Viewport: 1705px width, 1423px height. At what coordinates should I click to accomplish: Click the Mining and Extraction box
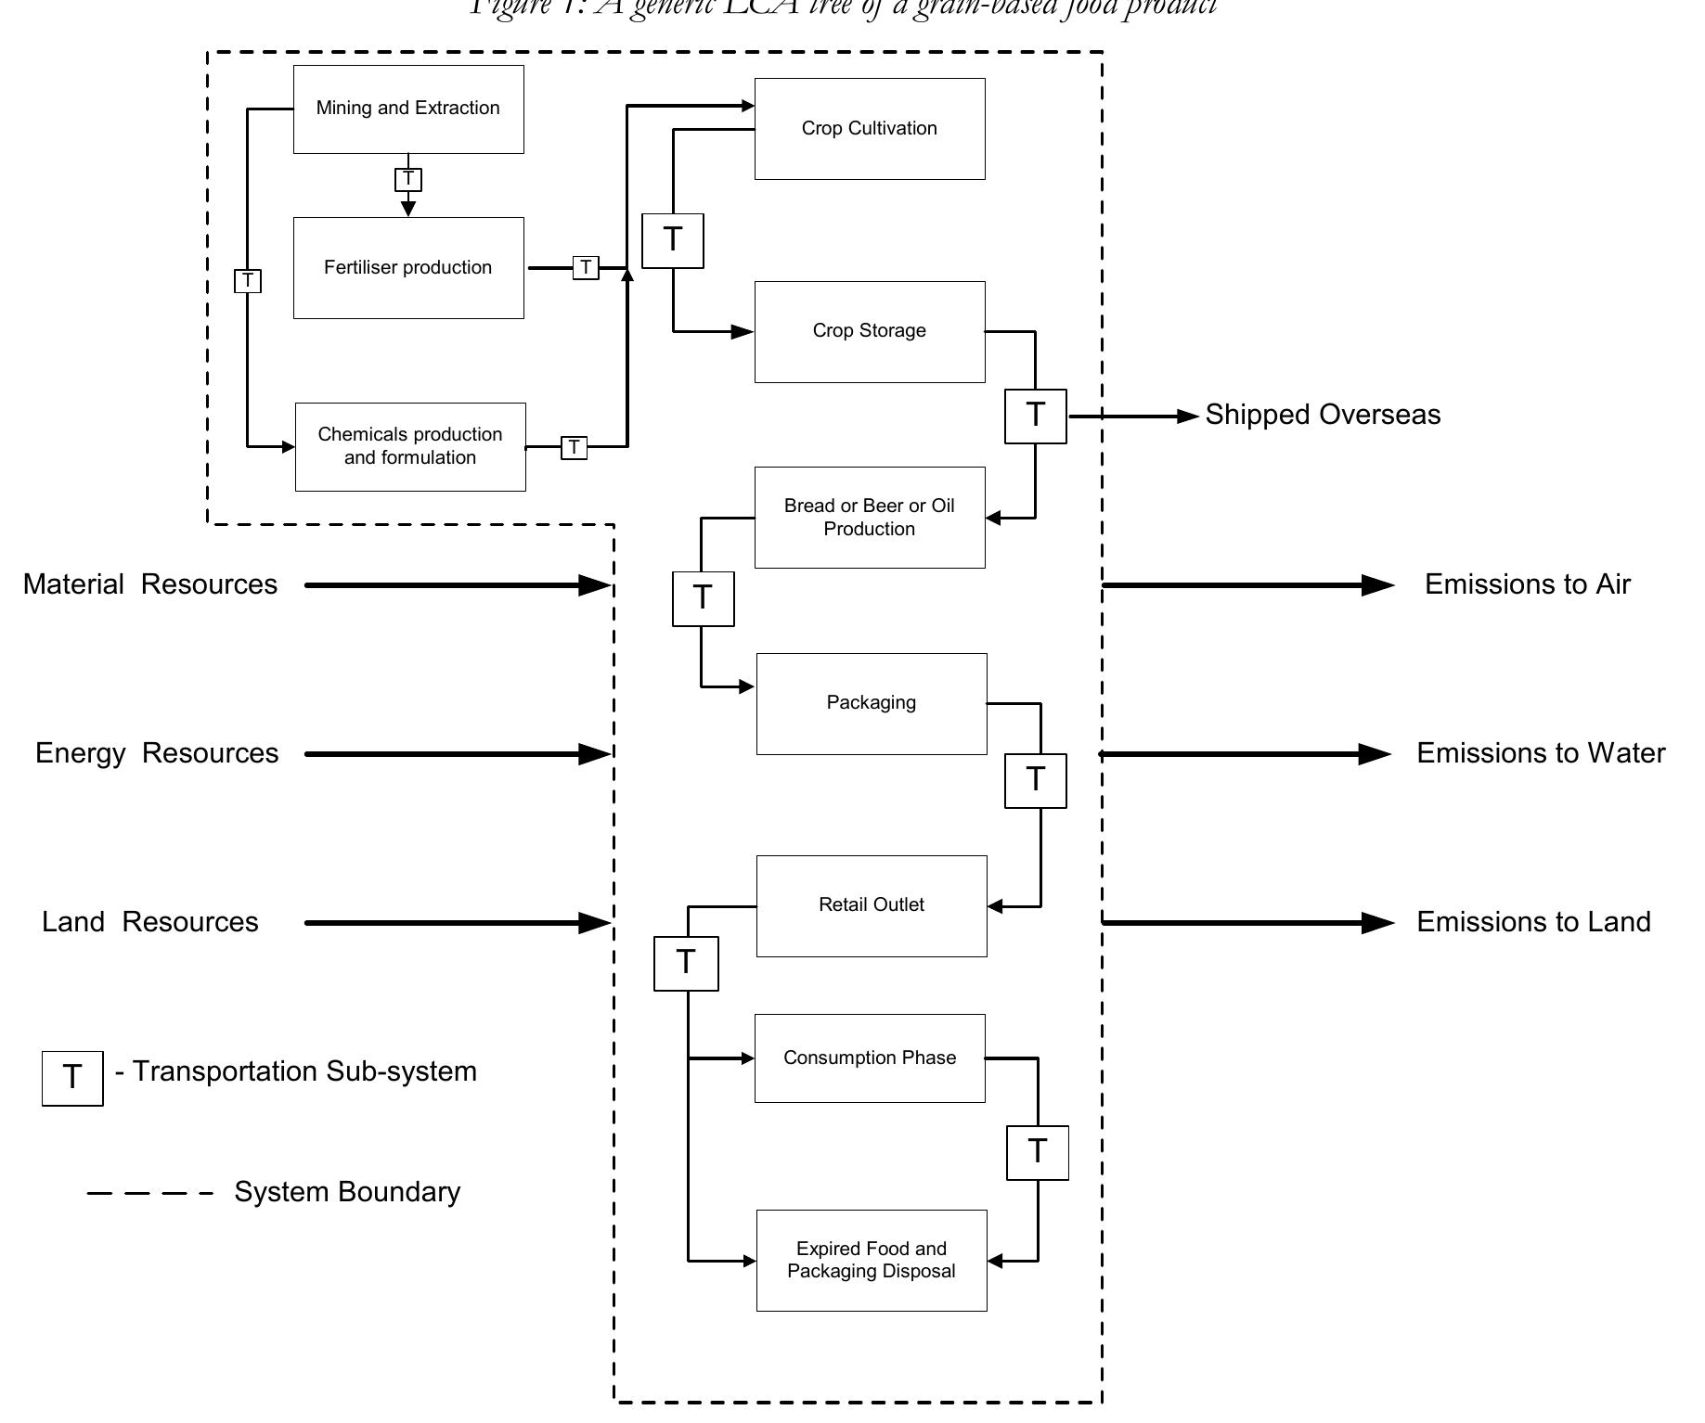pos(408,109)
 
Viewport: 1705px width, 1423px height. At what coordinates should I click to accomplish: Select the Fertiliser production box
pos(408,268)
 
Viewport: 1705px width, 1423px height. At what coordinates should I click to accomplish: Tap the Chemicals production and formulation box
pos(410,447)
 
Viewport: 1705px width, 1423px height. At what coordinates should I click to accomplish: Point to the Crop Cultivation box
pos(870,129)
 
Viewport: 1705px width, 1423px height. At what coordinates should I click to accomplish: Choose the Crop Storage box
pos(870,332)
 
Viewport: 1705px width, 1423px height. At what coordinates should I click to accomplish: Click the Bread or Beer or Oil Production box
pos(870,518)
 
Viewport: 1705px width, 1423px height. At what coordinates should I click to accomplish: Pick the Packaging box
pos(872,704)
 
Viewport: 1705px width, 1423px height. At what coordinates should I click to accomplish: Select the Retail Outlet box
pos(872,906)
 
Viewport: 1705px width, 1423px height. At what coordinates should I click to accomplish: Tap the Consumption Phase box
pos(870,1058)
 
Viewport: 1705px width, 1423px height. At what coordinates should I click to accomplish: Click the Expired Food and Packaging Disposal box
pos(872,1261)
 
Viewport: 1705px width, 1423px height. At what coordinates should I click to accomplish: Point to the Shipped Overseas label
pos(1323,415)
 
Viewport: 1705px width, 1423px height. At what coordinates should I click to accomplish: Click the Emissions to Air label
pos(1527,584)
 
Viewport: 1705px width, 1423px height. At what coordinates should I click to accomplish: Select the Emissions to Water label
pos(1541,753)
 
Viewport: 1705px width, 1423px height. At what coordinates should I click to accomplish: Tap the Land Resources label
pos(150,922)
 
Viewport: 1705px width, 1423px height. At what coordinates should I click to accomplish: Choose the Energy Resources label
pos(157,753)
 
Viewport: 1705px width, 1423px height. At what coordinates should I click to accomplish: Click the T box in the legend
pos(72,1078)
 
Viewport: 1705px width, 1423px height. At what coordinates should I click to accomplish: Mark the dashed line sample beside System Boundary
pos(149,1193)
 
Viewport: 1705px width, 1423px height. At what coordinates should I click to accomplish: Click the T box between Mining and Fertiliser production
pos(408,179)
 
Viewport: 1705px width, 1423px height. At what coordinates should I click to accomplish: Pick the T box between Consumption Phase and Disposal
pos(1038,1153)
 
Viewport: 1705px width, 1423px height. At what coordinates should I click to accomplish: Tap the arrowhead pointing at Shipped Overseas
pos(1188,417)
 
